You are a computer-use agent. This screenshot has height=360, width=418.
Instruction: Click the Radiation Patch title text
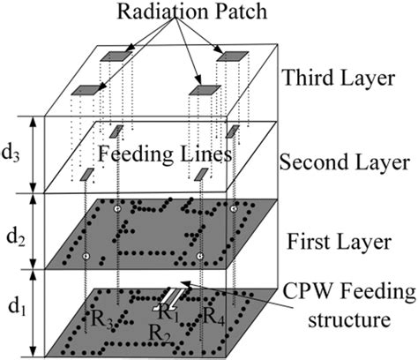click(x=192, y=11)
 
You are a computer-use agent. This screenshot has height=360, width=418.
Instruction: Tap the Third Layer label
click(x=339, y=78)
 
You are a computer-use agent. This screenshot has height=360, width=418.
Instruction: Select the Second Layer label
click(x=345, y=161)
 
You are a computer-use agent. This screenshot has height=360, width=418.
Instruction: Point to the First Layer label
click(x=339, y=242)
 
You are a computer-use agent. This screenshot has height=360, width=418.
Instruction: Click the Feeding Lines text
click(x=165, y=154)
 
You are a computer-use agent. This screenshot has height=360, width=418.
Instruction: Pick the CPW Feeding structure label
click(x=349, y=305)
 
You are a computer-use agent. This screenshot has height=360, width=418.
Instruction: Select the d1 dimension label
click(x=17, y=307)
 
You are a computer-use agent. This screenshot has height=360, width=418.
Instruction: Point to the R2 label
click(x=160, y=334)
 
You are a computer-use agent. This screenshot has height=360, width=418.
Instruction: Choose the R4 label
click(x=213, y=317)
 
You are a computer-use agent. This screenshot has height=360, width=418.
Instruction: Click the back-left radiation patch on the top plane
click(x=116, y=56)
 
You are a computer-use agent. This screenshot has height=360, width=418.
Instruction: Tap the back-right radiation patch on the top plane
click(x=233, y=56)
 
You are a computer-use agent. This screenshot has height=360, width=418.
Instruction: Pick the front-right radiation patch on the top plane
click(x=205, y=90)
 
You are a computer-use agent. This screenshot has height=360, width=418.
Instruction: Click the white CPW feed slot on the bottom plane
click(x=170, y=299)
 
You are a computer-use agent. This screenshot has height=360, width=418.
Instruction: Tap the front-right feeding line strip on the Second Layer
click(x=202, y=174)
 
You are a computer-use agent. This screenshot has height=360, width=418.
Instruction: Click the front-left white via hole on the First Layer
click(x=86, y=256)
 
